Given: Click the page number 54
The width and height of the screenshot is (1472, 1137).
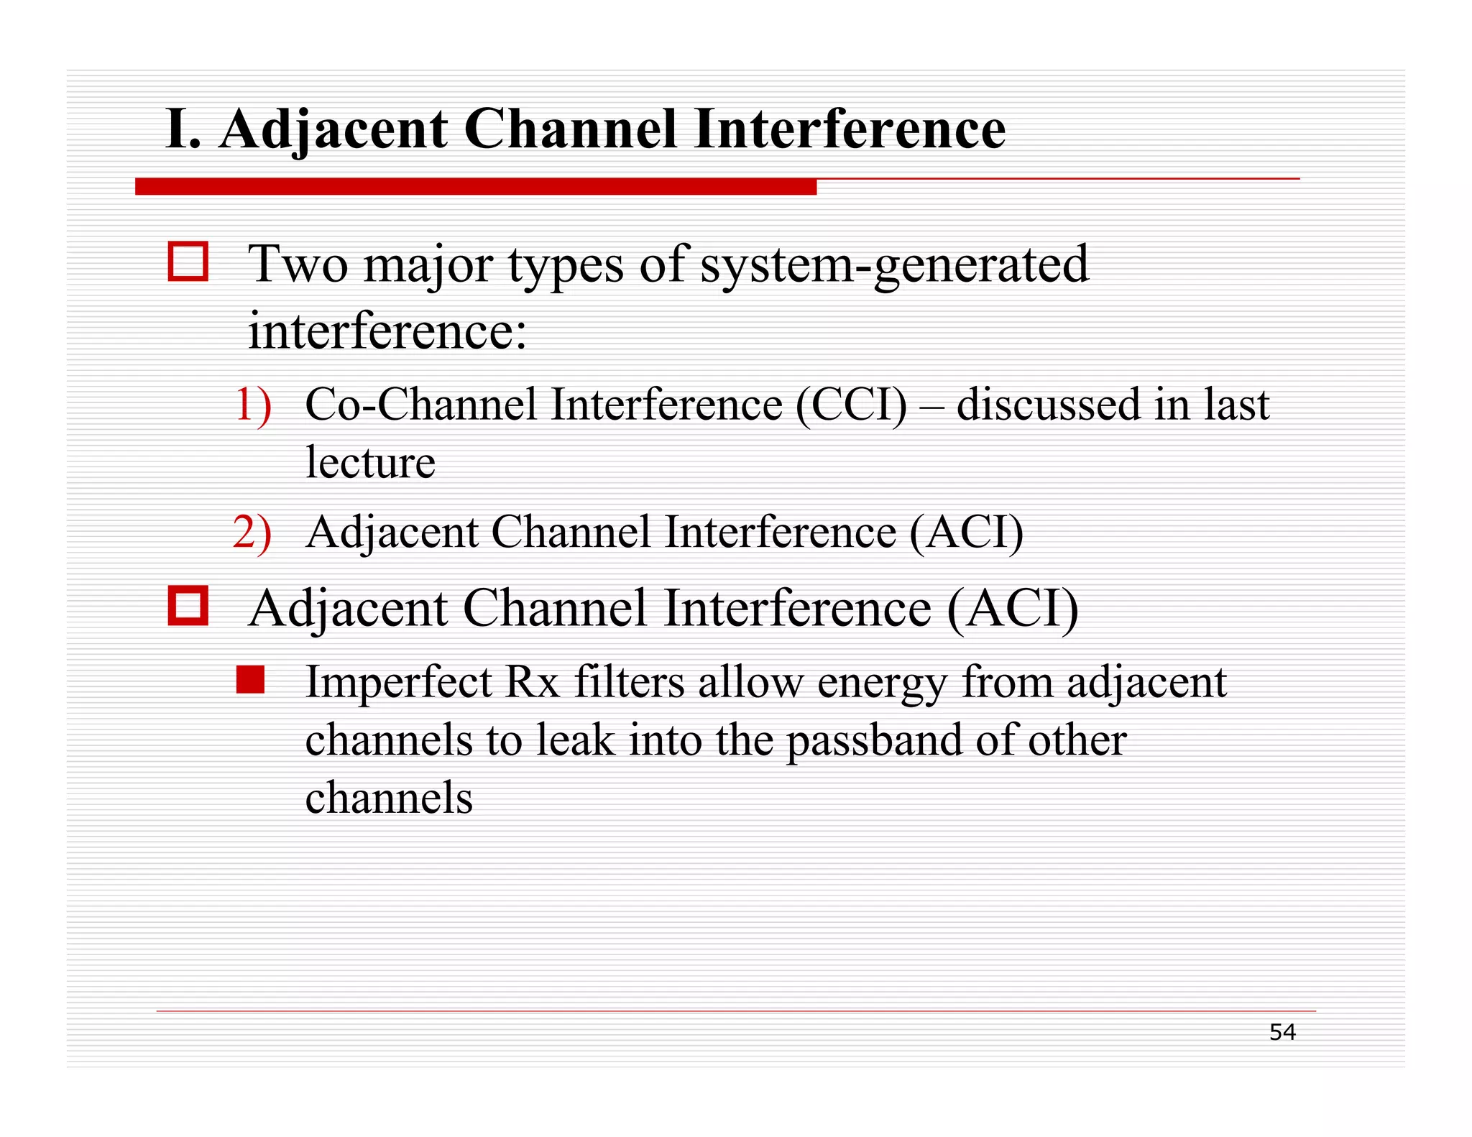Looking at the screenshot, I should point(1282,1032).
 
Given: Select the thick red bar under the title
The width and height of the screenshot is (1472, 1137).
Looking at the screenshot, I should point(475,187).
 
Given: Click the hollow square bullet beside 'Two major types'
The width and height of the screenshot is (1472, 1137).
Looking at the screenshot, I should point(188,262).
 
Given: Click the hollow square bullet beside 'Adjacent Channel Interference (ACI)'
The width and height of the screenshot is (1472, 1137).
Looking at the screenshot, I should point(188,606).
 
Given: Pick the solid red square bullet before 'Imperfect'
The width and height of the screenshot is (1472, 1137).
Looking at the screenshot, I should point(250,680).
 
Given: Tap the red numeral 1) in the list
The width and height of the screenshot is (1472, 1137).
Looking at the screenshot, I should point(253,404).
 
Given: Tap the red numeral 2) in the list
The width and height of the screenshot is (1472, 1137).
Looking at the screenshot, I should point(253,533).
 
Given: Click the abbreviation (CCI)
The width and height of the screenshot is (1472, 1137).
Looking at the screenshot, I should point(851,404).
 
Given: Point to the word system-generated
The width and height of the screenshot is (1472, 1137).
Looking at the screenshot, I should point(894,264).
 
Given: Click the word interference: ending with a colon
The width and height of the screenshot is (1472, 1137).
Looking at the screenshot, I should point(387,331).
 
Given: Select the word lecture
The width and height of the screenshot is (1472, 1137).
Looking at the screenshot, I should point(370,462).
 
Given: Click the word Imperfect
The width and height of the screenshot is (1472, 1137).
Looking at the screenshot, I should point(399,683).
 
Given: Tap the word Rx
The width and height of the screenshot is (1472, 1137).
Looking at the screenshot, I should point(533,683).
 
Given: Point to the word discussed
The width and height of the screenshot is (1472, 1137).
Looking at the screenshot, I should point(1048,404).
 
